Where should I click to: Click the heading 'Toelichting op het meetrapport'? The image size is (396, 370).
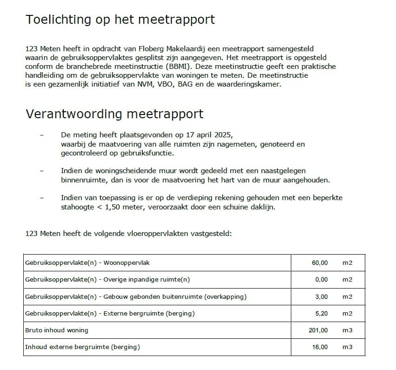coord(120,20)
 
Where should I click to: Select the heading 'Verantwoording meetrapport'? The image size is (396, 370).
coord(114,114)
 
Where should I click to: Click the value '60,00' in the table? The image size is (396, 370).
coord(320,263)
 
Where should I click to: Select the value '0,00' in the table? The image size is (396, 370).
coord(321,280)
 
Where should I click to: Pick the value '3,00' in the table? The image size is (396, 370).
coord(321,296)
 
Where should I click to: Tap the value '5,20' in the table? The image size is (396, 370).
coord(321,313)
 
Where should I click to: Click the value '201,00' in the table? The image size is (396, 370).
coord(318,330)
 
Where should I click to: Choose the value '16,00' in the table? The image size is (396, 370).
coord(320,347)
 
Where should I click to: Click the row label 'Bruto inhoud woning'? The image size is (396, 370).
coord(56,330)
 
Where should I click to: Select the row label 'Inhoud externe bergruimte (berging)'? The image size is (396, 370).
coord(82,347)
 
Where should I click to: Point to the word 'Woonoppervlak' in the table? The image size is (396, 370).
coord(127,263)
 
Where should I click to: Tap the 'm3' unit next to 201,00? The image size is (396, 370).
coord(347,330)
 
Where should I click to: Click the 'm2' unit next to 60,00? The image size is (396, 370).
coord(347,263)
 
